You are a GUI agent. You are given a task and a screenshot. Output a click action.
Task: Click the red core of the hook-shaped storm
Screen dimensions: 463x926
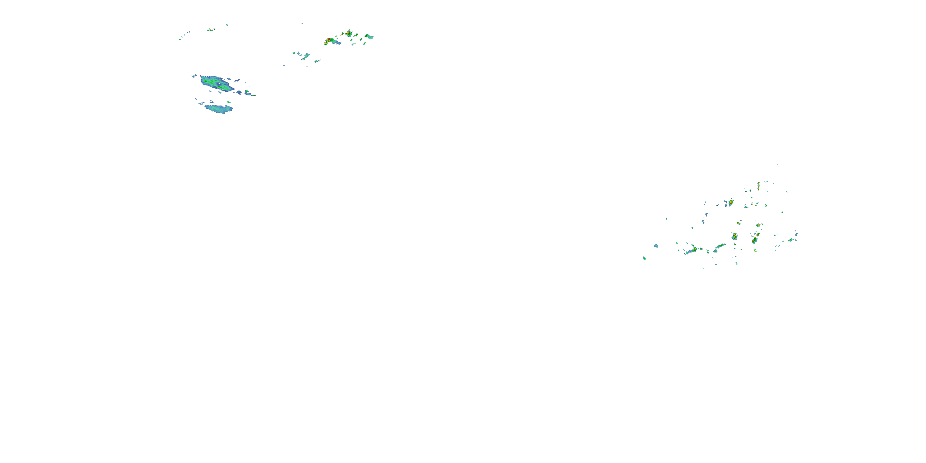tap(328, 40)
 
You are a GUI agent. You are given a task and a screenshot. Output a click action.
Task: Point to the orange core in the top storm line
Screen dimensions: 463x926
tap(348, 33)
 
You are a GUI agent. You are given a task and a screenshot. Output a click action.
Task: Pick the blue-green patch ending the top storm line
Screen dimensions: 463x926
tap(369, 36)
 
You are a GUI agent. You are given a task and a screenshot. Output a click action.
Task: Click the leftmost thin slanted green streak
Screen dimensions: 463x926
tap(179, 39)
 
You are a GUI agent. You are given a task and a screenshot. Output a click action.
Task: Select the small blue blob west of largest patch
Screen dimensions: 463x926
tap(194, 76)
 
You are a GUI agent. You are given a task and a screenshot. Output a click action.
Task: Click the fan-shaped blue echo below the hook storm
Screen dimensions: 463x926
tap(306, 56)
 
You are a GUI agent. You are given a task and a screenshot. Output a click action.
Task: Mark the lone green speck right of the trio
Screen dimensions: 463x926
tap(227, 25)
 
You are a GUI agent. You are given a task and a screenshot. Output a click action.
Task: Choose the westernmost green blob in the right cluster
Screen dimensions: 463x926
tap(644, 258)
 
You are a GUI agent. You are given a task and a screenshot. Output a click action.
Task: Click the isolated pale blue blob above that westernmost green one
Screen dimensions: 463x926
tap(656, 246)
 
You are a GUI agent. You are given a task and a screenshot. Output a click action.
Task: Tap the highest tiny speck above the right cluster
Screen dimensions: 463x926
tap(777, 164)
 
